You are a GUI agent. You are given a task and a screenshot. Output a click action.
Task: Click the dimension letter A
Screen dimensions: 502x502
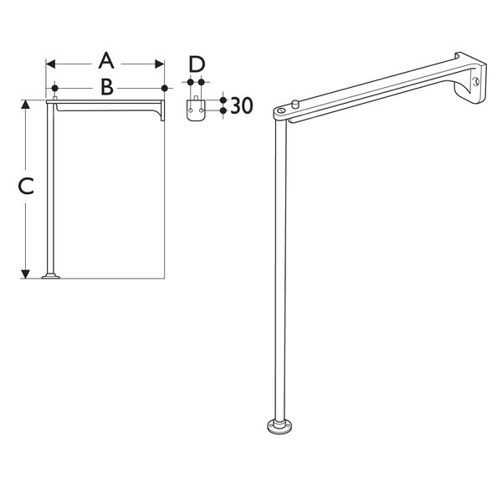(x=106, y=61)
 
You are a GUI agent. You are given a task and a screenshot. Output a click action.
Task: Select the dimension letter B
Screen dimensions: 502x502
(x=107, y=87)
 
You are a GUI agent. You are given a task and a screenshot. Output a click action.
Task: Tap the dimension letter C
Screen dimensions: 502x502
(x=26, y=187)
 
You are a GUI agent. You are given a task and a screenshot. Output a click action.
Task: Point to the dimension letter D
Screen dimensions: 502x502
(x=197, y=64)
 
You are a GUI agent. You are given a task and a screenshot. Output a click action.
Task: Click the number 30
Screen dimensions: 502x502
(x=242, y=105)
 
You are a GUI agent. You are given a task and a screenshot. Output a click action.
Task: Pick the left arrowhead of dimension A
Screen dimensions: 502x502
(x=50, y=64)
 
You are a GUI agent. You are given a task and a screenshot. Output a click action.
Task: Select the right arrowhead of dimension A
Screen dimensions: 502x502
(x=160, y=64)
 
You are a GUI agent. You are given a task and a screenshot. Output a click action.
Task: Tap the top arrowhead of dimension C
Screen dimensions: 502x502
(x=25, y=105)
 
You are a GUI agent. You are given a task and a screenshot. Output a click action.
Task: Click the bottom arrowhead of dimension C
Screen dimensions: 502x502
(x=25, y=274)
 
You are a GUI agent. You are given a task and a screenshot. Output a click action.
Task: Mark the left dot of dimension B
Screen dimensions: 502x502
(x=54, y=88)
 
